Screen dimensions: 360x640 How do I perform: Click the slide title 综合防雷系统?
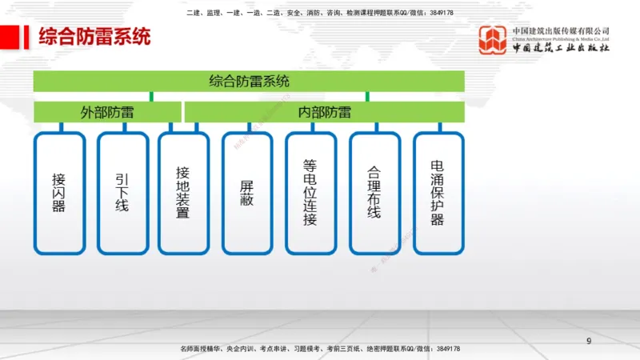(x=94, y=38)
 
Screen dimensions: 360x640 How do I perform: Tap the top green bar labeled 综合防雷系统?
(x=249, y=81)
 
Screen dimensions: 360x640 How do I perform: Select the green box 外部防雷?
(x=107, y=112)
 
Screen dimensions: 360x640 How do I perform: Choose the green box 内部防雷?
(x=324, y=112)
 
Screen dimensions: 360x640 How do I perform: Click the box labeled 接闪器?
(x=58, y=193)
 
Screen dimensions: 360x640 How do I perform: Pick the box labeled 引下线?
(x=122, y=193)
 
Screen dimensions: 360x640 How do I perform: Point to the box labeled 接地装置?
(x=183, y=193)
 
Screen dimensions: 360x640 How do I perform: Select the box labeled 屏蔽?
(x=247, y=193)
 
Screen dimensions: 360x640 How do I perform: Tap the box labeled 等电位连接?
(x=310, y=193)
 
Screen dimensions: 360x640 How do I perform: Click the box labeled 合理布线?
(x=374, y=193)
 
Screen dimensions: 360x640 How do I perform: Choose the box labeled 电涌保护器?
(x=438, y=193)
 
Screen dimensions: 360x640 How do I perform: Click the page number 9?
(x=589, y=342)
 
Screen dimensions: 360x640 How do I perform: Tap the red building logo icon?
(x=494, y=40)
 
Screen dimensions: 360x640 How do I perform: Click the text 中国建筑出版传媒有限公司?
(x=561, y=30)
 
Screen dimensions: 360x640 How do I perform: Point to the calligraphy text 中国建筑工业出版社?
(x=561, y=48)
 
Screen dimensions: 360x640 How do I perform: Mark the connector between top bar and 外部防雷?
(x=151, y=97)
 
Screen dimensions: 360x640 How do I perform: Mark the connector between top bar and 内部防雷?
(x=367, y=97)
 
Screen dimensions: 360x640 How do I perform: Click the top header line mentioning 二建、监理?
(x=319, y=13)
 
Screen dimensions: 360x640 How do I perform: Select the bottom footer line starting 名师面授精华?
(x=319, y=350)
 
